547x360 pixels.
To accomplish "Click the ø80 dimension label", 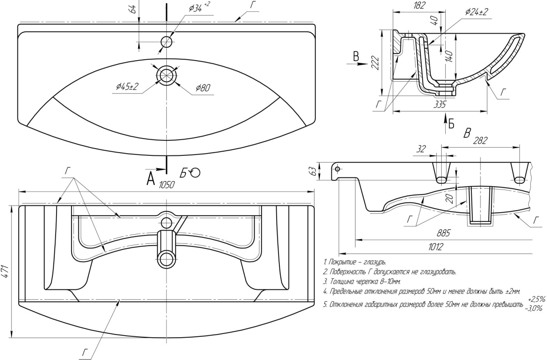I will point(203,88).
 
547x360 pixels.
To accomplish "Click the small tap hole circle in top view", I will point(166,42).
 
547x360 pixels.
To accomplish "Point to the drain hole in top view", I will point(166,75).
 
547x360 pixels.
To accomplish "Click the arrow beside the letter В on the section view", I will point(361,64).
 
